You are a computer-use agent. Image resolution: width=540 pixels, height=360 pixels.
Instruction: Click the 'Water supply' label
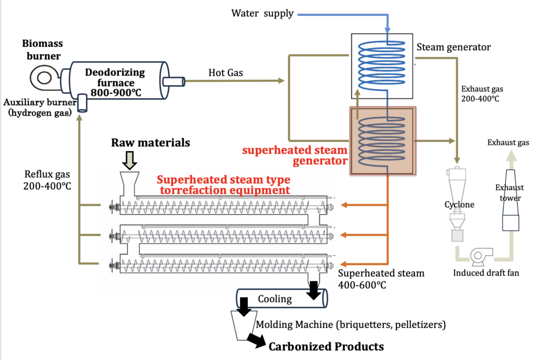[262, 13]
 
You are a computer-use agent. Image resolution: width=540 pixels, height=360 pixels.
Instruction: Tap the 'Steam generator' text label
[453, 47]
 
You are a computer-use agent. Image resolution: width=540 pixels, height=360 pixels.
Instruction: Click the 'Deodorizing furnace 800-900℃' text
[110, 82]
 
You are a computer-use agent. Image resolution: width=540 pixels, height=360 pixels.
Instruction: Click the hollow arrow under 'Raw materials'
[129, 159]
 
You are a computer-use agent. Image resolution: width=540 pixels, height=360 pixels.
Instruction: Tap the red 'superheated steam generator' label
[295, 154]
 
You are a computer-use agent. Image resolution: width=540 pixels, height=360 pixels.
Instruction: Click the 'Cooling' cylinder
[281, 299]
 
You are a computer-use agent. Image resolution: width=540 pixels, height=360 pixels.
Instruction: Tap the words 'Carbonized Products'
[326, 346]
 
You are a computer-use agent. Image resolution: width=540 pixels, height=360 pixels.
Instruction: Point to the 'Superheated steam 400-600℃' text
[373, 279]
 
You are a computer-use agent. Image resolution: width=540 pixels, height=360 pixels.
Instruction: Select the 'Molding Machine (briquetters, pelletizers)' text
[351, 324]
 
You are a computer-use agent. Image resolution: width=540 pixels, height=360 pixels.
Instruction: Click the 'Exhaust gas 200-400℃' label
[479, 93]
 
